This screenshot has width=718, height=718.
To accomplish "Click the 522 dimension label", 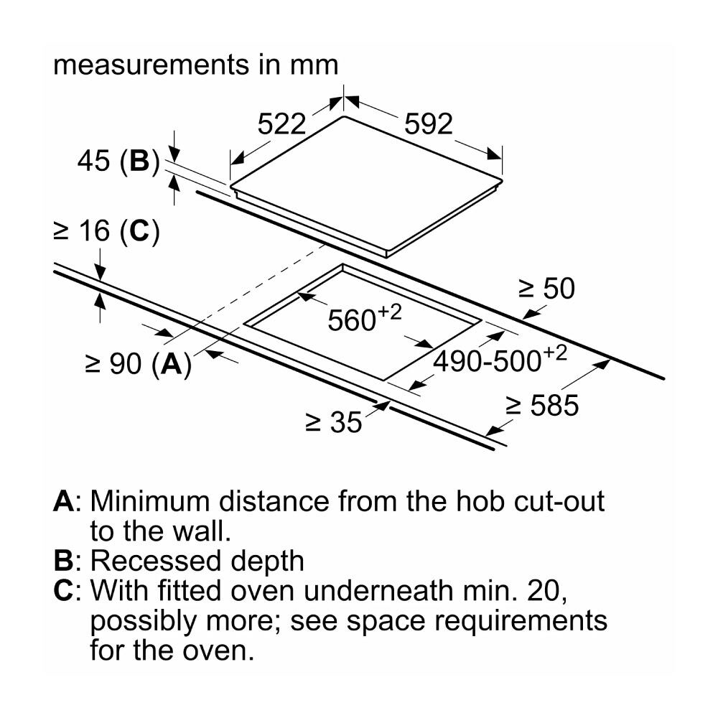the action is tap(281, 123).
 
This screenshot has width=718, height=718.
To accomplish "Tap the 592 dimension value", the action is tap(428, 123).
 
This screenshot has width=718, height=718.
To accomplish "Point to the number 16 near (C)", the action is tap(95, 230).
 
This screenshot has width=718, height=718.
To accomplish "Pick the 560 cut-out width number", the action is tap(352, 320).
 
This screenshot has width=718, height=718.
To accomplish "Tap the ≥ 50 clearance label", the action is tap(546, 289).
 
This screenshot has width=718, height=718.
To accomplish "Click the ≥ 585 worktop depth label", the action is tap(542, 405).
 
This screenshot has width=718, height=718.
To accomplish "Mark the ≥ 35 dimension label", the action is tap(334, 421).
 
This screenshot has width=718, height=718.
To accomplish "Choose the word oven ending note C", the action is tap(218, 651).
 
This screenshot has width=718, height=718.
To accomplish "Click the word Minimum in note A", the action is tap(151, 501).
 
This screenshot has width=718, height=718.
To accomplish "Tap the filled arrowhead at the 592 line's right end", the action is tap(495, 154).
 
